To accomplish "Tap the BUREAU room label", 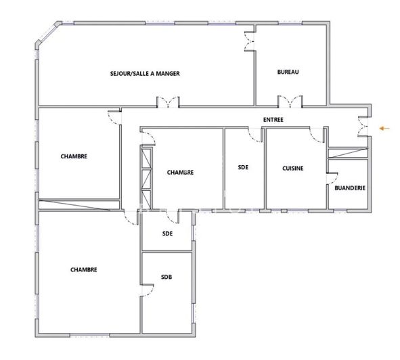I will (288, 72).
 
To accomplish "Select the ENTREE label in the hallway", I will (273, 120).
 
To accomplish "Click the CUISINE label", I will (292, 168).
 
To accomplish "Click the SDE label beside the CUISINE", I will (243, 168).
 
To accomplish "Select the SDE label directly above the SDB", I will (167, 234).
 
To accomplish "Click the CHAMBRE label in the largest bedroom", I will (83, 269).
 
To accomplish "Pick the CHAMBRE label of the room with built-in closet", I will (181, 173).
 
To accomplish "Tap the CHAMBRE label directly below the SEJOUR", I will (74, 156).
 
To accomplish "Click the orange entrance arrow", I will (384, 127).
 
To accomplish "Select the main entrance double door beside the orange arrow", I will (364, 127).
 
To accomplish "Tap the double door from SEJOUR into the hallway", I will (168, 103).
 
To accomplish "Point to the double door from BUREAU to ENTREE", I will (291, 103).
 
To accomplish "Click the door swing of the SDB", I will (149, 291).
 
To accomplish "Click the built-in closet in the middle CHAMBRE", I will (145, 177).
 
